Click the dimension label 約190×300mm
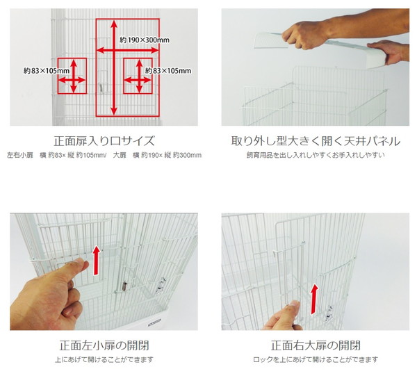tap(145, 40)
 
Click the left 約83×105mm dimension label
tap(47, 71)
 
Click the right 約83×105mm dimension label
tap(168, 71)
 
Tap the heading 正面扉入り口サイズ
tap(104, 140)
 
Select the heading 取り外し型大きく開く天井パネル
tap(316, 140)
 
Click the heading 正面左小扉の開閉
tap(104, 345)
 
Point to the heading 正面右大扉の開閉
tap(316, 345)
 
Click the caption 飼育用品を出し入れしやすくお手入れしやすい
tap(316, 155)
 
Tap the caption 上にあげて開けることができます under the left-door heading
tap(104, 360)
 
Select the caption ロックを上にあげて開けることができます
tap(316, 360)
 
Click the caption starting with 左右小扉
tap(104, 155)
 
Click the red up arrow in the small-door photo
tap(97, 261)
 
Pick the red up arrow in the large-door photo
tap(315, 299)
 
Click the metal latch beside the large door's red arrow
tap(329, 313)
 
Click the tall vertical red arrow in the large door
tap(114, 68)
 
